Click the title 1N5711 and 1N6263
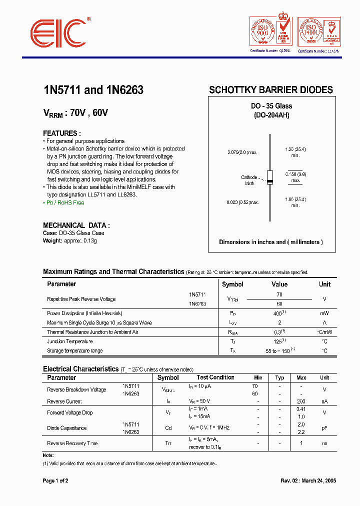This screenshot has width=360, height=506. (93, 90)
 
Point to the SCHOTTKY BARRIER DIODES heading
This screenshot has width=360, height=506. (270, 90)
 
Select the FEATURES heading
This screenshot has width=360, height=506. (62, 133)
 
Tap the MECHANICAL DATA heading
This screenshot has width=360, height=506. (76, 225)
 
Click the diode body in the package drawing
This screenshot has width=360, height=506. (270, 177)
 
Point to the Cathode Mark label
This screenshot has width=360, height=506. (249, 180)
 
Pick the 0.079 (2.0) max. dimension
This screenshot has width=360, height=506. (242, 152)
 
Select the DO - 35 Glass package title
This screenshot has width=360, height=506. (271, 106)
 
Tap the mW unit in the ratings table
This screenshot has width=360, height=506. (324, 313)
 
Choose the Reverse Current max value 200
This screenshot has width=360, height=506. (301, 401)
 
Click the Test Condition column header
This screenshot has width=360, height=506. (215, 377)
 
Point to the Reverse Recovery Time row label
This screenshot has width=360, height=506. (72, 443)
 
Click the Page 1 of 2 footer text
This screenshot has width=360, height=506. (55, 480)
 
